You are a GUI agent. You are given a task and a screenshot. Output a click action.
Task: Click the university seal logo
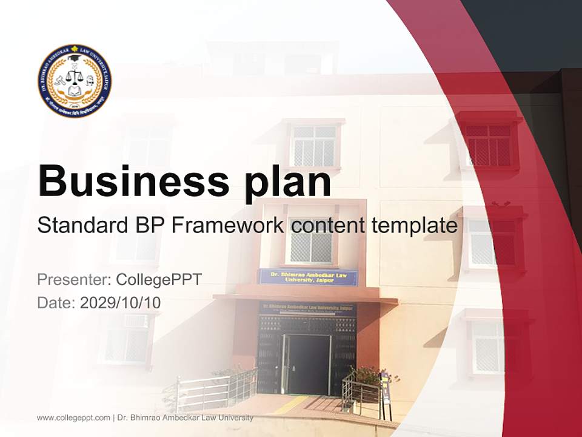click(x=75, y=81)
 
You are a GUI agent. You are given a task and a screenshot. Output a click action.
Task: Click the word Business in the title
click(x=129, y=181)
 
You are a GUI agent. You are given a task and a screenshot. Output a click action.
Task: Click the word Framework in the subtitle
click(x=227, y=226)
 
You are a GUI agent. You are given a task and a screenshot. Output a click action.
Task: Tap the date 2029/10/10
click(x=120, y=302)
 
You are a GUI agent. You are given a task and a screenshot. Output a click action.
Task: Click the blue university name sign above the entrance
click(x=308, y=277)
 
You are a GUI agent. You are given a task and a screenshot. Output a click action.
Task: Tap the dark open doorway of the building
click(x=307, y=364)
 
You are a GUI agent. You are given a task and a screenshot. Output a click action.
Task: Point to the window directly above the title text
click(x=313, y=145)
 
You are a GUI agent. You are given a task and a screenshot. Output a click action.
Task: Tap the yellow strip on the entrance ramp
click(x=291, y=404)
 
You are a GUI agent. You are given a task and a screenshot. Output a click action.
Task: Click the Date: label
click(x=56, y=302)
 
